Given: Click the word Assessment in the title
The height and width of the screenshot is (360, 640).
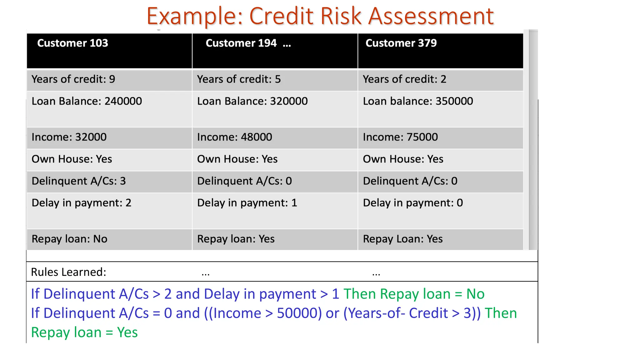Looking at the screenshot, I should pyautogui.click(x=431, y=16).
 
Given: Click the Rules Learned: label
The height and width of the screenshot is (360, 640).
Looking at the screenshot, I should pyautogui.click(x=68, y=272).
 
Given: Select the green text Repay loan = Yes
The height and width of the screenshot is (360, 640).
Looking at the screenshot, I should pyautogui.click(x=84, y=332).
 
